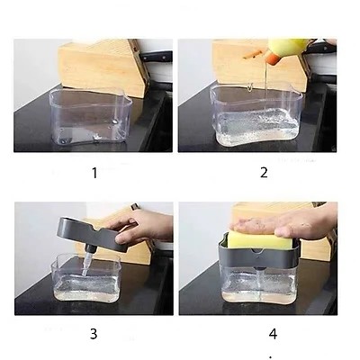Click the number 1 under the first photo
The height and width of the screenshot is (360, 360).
coord(94,172)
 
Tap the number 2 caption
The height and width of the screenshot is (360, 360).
coord(264,172)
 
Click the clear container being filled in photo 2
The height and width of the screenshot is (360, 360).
coord(255,117)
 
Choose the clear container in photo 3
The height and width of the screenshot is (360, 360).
coord(90,281)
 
